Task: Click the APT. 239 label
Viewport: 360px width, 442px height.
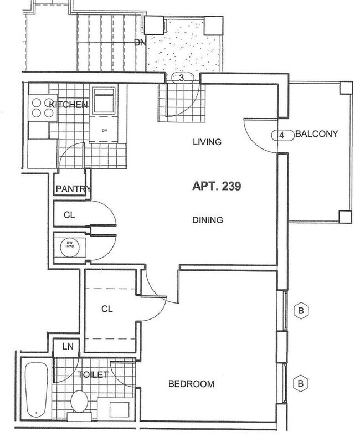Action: pyautogui.click(x=216, y=187)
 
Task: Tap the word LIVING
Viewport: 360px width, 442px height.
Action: pyautogui.click(x=207, y=142)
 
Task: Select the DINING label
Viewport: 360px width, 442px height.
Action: pyautogui.click(x=208, y=220)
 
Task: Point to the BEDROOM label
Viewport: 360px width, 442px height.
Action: pyautogui.click(x=191, y=384)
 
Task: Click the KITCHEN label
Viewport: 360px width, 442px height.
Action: pyautogui.click(x=69, y=105)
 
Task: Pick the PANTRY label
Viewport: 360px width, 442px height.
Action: pyautogui.click(x=73, y=189)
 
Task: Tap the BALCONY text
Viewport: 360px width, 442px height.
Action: pyautogui.click(x=316, y=134)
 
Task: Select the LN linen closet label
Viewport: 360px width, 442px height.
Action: pyautogui.click(x=67, y=347)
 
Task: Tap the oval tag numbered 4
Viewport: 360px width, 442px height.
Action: pyautogui.click(x=282, y=135)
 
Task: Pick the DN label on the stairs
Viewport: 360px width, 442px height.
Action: pyautogui.click(x=139, y=43)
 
